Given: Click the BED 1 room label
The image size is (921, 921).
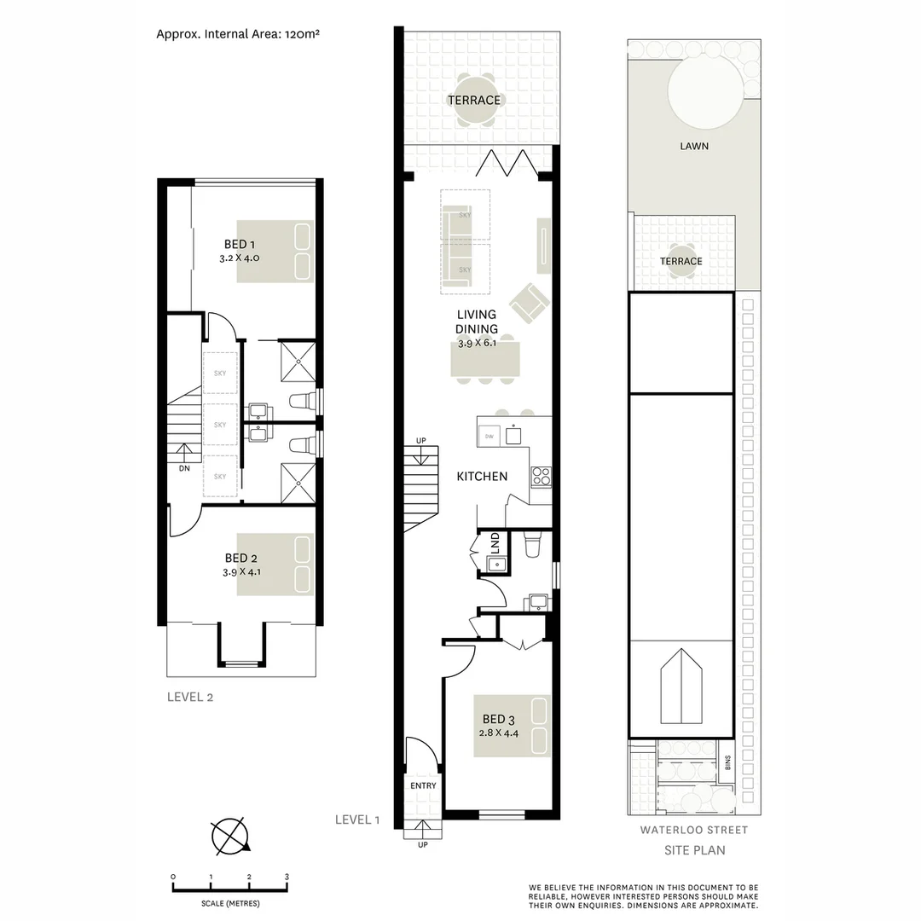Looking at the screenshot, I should tap(235, 245).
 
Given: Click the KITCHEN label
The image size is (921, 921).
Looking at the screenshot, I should tap(482, 477).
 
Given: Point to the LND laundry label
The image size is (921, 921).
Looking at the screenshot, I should tap(495, 542).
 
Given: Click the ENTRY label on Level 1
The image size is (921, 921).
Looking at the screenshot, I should tap(423, 785).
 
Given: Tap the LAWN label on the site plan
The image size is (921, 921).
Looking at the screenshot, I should tap(693, 146).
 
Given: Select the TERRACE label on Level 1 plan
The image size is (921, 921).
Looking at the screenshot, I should tap(475, 101).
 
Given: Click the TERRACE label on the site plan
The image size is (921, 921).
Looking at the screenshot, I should tap(681, 261).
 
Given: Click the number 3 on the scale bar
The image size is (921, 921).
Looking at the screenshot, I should tap(287, 877).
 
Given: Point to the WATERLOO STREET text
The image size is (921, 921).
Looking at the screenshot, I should tap(693, 830).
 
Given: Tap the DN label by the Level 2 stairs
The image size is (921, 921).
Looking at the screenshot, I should tap(184, 468).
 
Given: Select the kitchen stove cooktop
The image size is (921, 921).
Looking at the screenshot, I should tap(541, 477).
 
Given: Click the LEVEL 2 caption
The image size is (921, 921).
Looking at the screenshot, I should tap(189, 697).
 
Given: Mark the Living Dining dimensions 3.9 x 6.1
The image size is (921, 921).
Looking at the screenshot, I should tap(476, 343).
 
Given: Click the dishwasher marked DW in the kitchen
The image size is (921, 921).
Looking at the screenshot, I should tap(489, 436).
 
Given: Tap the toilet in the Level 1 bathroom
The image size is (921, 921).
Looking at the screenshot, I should tap(530, 543).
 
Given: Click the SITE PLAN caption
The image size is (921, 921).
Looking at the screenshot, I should tap(694, 850).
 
